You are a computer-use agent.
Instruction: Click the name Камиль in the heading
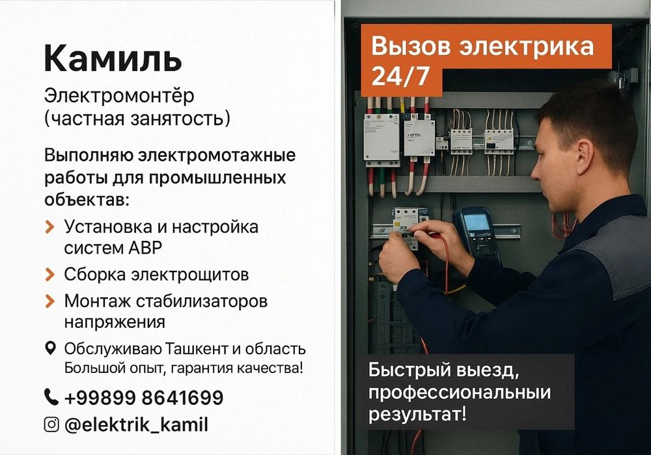[113, 59]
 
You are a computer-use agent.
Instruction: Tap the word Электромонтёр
[119, 96]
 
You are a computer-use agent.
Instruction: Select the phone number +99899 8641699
[144, 397]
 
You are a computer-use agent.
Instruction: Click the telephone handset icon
[51, 396]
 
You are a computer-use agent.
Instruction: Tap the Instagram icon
[51, 425]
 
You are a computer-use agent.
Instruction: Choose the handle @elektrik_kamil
[136, 425]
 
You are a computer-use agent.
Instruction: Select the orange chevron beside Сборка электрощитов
[50, 275]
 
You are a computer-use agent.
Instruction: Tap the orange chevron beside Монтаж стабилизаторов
[50, 302]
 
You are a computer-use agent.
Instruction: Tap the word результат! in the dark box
[417, 413]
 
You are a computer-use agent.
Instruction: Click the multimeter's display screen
[476, 222]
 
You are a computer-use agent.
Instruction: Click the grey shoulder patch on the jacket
[619, 248]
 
